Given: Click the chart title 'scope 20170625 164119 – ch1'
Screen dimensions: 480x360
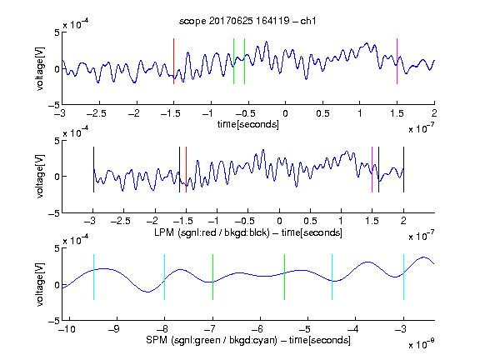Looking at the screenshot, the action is (x=247, y=21).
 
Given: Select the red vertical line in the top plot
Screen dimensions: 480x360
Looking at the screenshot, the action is (x=173, y=61).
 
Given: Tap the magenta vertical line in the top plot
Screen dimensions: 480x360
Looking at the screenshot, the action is (x=397, y=61).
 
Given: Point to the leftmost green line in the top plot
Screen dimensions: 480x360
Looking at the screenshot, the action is (x=233, y=61).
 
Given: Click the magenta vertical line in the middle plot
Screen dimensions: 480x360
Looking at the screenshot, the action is (x=372, y=170).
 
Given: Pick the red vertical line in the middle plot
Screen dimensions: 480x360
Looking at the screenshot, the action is (x=186, y=170).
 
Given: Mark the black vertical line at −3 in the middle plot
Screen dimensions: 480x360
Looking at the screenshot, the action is (x=93, y=170).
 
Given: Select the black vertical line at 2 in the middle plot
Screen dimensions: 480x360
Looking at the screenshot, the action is (x=403, y=170).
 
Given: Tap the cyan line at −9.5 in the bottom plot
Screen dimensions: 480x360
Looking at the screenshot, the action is (x=93, y=277).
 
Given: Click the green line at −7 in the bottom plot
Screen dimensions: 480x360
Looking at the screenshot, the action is (x=212, y=277).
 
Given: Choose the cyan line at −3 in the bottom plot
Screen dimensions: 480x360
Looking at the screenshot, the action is (x=403, y=277).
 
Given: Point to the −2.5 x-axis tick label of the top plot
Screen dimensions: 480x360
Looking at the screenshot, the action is (x=97, y=113).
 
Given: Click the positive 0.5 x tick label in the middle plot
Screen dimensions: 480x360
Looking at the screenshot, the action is (x=310, y=221).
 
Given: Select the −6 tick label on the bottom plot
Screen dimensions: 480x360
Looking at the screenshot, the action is (x=260, y=329).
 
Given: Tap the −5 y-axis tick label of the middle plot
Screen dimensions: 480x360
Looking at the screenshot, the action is (x=54, y=213).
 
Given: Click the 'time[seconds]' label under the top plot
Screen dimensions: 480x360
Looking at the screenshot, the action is (x=248, y=124).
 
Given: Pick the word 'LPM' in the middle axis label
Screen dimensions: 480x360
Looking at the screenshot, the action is (x=164, y=232).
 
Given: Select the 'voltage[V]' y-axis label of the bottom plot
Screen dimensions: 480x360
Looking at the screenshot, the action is (x=40, y=284).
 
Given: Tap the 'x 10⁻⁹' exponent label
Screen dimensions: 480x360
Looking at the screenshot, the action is (x=422, y=344).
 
